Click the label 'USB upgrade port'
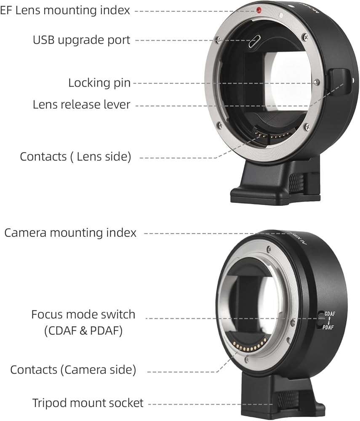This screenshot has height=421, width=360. tap(82, 40)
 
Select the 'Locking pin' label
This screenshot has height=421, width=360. tap(99, 83)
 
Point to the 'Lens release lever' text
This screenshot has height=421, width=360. tap(82, 104)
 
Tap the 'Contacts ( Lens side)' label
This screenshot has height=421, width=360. tap(76, 157)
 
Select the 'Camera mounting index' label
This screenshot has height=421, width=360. tap(70, 232)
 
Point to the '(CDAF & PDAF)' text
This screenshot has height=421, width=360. tap(83, 331)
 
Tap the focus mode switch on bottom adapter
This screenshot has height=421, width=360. tap(321, 320)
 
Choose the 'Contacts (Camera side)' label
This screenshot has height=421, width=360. tap(73, 370)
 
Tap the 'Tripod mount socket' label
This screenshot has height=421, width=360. tap(88, 403)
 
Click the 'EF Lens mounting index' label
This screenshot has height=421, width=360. tap(65, 10)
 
